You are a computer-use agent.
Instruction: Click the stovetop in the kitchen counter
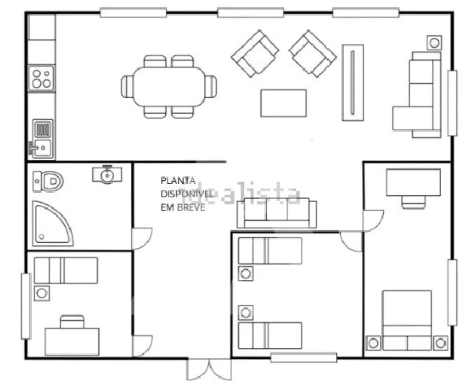tap(42, 78)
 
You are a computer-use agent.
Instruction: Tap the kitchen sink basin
tap(43, 148)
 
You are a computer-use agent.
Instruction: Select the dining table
tap(169, 87)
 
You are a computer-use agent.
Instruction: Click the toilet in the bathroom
tap(48, 181)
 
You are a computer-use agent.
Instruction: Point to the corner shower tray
tap(52, 224)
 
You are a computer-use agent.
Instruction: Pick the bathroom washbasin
tap(107, 175)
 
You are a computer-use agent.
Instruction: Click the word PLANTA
tap(178, 181)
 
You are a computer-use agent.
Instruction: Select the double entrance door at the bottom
tap(209, 369)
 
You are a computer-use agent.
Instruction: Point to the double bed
tap(407, 320)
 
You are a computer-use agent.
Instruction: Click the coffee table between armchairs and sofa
tap(283, 103)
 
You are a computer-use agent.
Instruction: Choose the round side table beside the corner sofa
tap(434, 43)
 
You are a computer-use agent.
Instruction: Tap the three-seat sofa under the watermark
tap(277, 213)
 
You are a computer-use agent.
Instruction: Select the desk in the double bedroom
tap(413, 183)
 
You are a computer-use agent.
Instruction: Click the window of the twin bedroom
tap(304, 358)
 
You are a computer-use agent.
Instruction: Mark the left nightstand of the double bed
tap(373, 343)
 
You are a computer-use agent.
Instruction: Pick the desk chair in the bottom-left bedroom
tap(72, 322)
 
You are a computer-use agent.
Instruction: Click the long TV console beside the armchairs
tap(353, 83)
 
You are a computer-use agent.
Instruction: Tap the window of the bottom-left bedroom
tap(26, 306)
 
